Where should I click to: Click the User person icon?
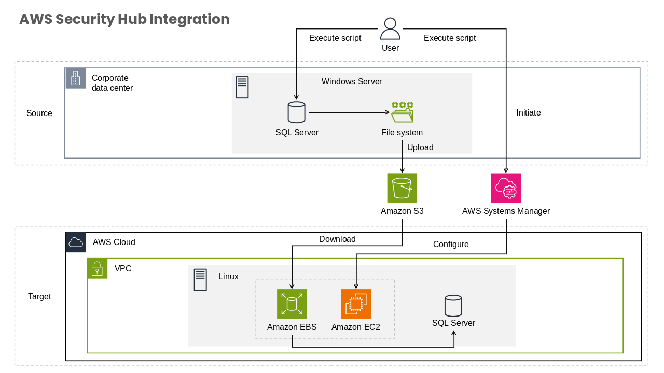[390, 28]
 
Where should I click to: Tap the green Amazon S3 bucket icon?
[402, 188]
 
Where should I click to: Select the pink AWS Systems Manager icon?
[506, 188]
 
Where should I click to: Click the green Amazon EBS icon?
[292, 304]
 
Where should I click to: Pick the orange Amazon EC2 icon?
[356, 304]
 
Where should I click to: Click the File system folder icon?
[402, 112]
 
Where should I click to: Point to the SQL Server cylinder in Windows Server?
[296, 112]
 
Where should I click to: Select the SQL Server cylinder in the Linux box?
[453, 306]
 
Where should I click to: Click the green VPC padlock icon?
[97, 268]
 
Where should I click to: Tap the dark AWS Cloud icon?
[76, 242]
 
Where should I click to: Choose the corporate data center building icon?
[76, 78]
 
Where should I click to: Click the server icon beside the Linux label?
[200, 280]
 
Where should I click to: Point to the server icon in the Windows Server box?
[242, 88]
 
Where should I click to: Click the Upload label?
[420, 147]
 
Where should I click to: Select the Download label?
[337, 239]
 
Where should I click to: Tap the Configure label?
[451, 244]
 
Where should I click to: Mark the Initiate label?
[528, 112]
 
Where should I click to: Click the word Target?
[39, 297]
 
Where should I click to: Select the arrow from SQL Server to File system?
[349, 112]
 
